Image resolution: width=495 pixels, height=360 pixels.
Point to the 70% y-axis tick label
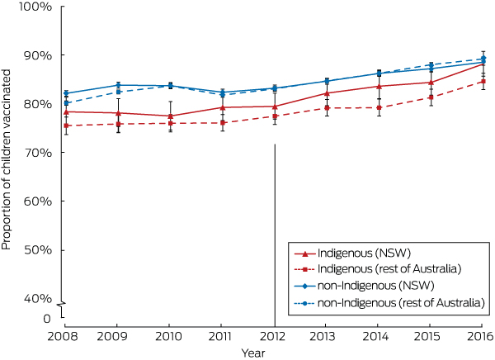coord(37,153)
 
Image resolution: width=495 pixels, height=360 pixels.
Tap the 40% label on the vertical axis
coord(37,298)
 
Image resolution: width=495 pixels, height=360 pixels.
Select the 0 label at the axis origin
coord(46,319)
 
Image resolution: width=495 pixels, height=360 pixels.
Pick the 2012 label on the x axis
coord(274,337)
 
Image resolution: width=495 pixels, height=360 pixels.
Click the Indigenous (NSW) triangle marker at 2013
coord(326,92)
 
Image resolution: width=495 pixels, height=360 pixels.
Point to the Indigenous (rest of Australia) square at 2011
coord(222,122)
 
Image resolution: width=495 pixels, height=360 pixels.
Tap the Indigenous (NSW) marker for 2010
coord(170,116)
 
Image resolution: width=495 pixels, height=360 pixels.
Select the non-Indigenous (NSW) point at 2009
coord(118,85)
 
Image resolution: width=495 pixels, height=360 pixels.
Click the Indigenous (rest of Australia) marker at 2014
coord(378,107)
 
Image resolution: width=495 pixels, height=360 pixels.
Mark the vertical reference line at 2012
coord(274,231)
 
